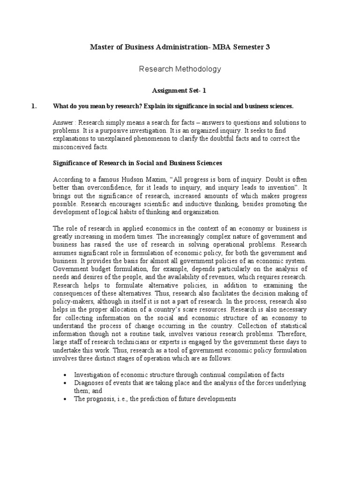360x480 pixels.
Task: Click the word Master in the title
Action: (101, 47)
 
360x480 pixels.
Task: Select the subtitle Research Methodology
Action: (180, 69)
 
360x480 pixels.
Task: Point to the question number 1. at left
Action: (34, 106)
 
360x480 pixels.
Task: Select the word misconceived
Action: (73, 147)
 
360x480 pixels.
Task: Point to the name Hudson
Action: (140, 179)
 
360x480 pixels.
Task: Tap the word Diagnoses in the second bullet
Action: (89, 383)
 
